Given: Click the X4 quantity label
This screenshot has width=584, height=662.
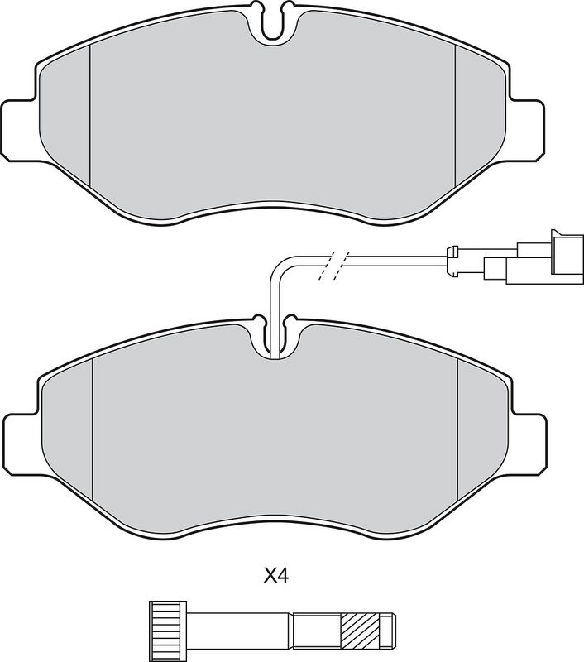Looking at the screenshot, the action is [276, 575].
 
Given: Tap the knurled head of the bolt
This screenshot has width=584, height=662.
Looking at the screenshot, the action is [168, 627].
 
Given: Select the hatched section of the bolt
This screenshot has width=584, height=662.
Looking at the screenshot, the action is [361, 627].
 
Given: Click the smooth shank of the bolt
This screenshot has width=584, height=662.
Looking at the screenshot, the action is [240, 627].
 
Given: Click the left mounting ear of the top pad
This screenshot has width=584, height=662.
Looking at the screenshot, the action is [19, 130].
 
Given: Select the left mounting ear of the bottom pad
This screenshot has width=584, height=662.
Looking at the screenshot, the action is [22, 444].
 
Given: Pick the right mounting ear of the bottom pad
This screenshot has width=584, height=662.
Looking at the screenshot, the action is [529, 444].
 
